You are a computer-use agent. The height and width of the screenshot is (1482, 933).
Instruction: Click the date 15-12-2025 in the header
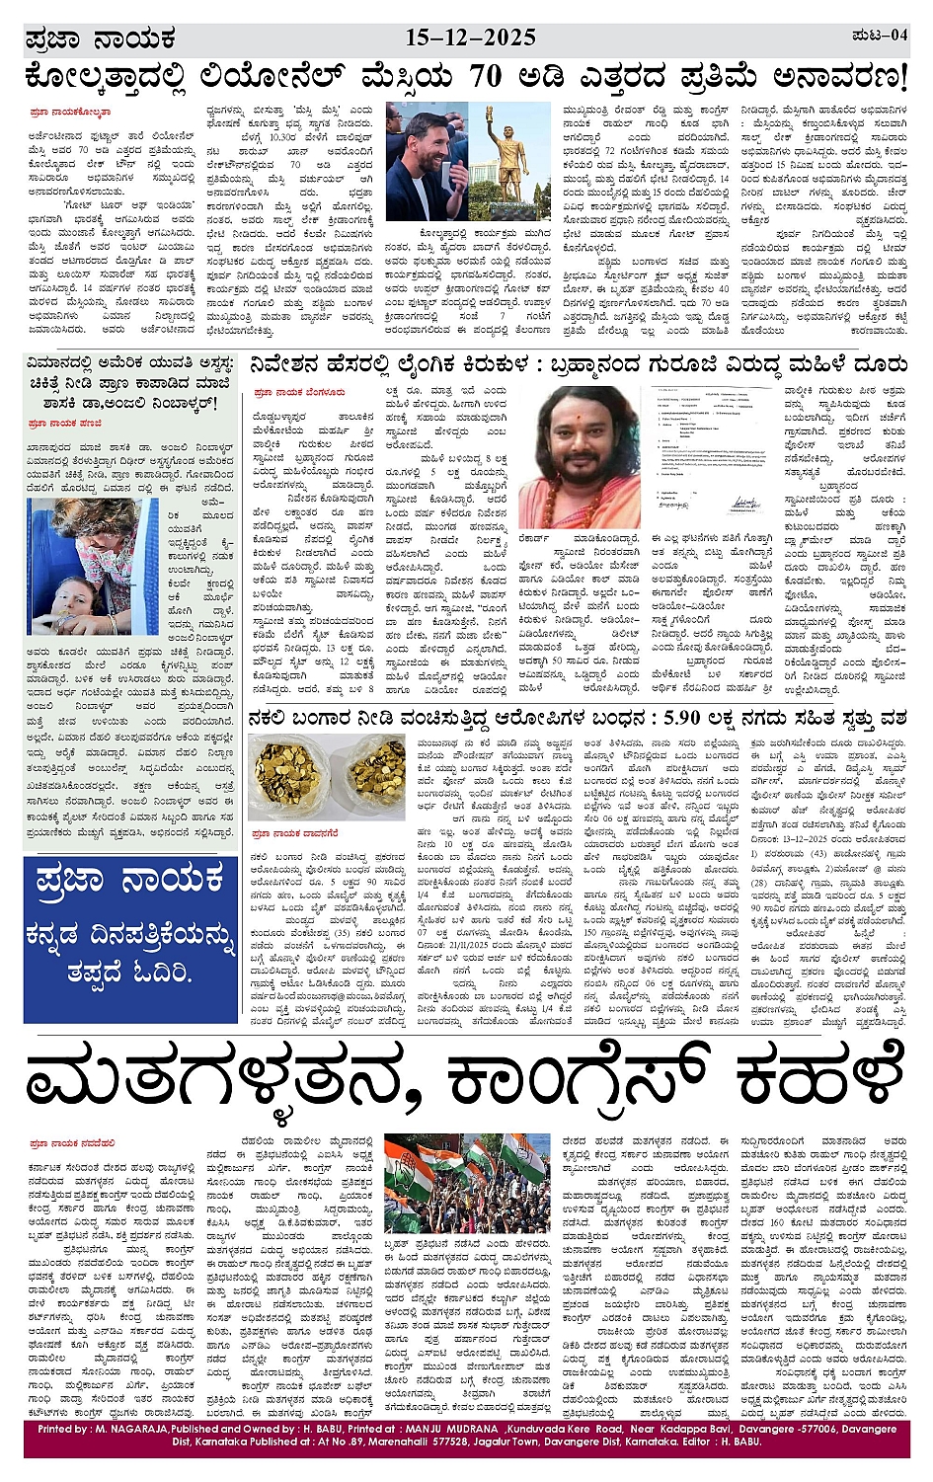coord(470,38)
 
